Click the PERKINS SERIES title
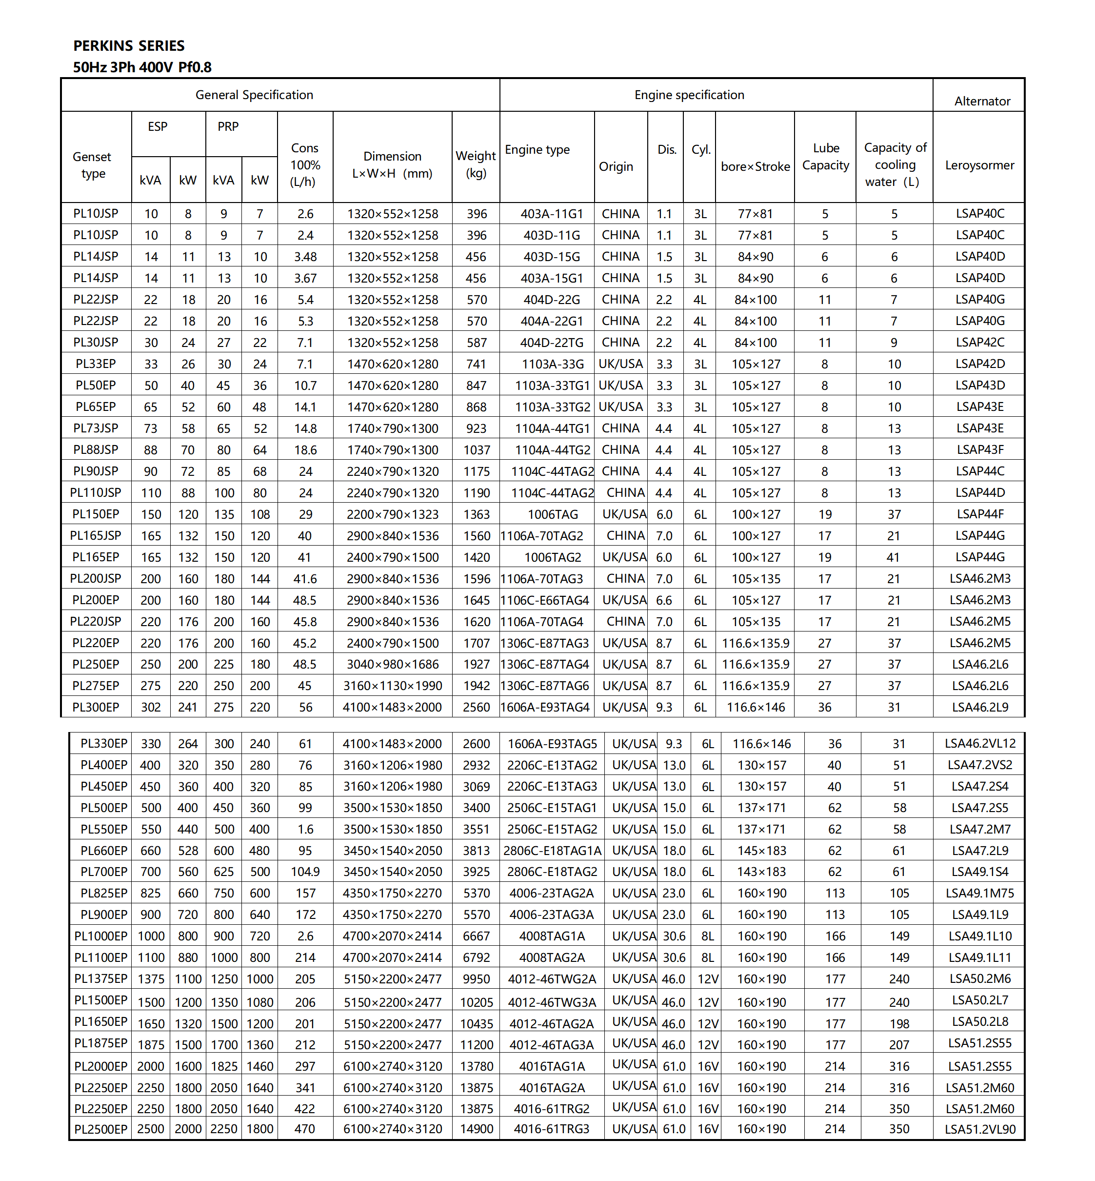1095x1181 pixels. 129,46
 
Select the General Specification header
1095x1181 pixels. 254,95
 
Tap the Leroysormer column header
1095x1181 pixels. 979,165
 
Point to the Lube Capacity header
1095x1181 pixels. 825,157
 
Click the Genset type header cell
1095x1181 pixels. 93,165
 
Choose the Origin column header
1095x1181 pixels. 616,166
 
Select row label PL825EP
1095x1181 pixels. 104,893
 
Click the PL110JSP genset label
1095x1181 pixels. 96,493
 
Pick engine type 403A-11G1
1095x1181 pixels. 552,213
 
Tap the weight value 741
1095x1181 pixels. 476,364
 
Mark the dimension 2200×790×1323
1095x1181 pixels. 392,514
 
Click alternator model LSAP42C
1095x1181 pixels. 979,342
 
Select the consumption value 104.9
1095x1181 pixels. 305,872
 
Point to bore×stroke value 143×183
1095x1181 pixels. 761,872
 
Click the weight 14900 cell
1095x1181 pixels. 477,1129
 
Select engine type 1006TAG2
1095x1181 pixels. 552,557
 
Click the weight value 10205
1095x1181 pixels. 477,1002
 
